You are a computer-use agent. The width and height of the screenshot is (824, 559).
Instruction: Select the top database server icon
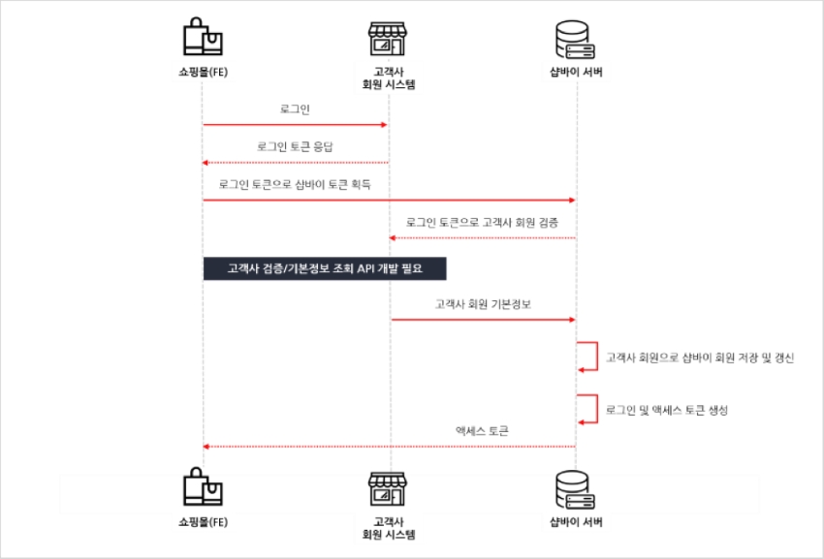tap(575, 39)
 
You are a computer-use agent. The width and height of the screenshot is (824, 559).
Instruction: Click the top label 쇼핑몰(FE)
tap(204, 72)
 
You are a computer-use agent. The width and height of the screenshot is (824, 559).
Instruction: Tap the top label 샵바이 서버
tap(576, 72)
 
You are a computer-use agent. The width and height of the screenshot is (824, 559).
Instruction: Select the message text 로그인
tap(295, 110)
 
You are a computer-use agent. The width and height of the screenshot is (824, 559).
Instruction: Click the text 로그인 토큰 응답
tap(295, 146)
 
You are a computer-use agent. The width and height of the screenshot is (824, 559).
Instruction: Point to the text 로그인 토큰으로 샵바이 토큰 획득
tap(295, 184)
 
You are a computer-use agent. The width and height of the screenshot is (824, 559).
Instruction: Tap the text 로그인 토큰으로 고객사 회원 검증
tap(482, 222)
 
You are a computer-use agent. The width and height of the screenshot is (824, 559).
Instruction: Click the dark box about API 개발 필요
tap(325, 267)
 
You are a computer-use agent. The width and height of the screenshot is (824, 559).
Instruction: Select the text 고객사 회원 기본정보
tap(483, 303)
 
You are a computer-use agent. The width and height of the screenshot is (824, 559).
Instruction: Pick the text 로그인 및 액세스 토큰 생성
tap(666, 410)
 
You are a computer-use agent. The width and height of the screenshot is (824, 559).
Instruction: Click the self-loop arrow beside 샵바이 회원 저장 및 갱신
tap(587, 356)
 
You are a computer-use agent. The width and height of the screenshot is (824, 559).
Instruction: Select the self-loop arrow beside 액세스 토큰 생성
tap(587, 409)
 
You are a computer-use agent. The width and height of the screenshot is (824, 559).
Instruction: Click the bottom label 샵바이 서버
tap(576, 522)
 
